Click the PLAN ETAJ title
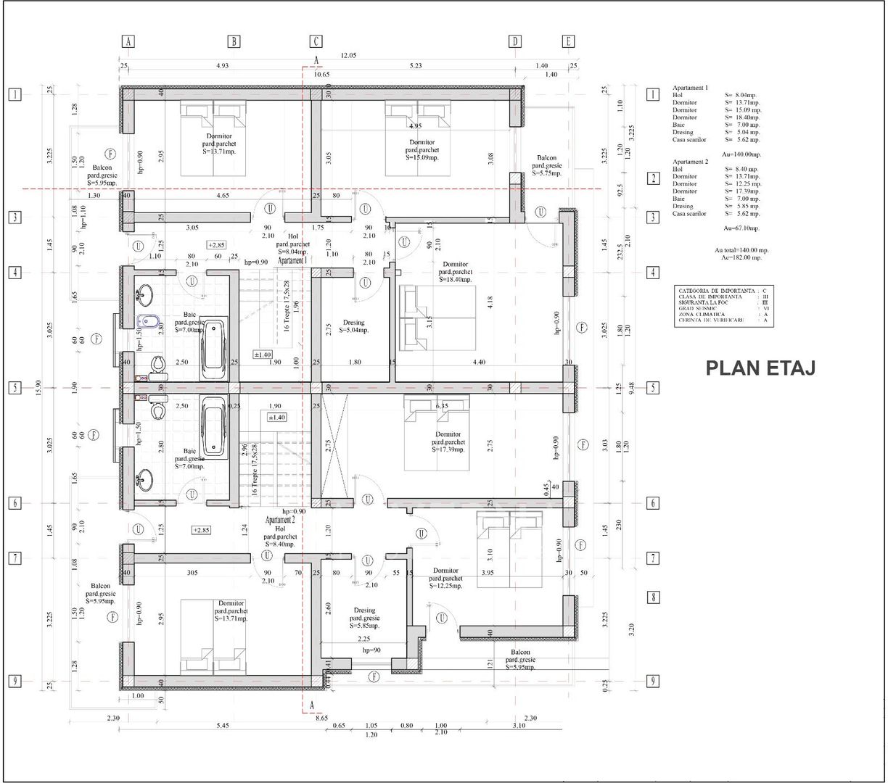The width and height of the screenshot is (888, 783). [760, 368]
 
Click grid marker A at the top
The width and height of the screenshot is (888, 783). [128, 41]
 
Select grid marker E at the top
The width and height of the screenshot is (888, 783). [568, 41]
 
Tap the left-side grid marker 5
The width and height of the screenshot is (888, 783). [13, 388]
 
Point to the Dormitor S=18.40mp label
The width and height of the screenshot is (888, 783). [456, 272]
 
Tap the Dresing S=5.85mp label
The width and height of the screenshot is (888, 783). [365, 618]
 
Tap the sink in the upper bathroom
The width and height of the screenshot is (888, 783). [144, 294]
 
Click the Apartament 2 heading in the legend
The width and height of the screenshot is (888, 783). [690, 162]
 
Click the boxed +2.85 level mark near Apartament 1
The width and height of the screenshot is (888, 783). [216, 245]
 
